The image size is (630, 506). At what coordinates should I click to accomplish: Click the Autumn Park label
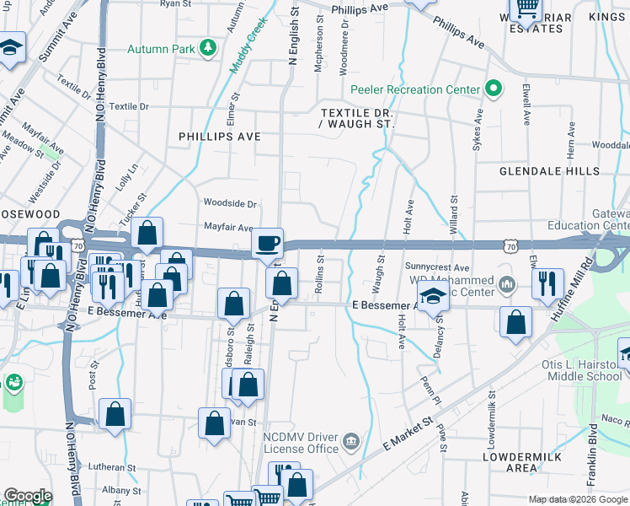pyautogui.click(x=160, y=49)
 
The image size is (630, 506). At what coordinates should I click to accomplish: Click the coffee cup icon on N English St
pyautogui.click(x=268, y=244)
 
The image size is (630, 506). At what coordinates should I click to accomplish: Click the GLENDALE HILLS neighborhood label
pyautogui.click(x=549, y=170)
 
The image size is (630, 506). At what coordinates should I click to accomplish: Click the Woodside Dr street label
pyautogui.click(x=229, y=203)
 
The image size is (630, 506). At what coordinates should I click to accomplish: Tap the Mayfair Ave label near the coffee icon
pyautogui.click(x=228, y=228)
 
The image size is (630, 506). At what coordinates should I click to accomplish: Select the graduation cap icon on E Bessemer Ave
pyautogui.click(x=433, y=298)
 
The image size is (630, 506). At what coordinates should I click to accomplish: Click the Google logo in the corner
pyautogui.click(x=27, y=496)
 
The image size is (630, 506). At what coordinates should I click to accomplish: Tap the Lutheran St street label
pyautogui.click(x=112, y=467)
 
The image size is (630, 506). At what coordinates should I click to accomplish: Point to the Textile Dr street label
pyautogui.click(x=128, y=107)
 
